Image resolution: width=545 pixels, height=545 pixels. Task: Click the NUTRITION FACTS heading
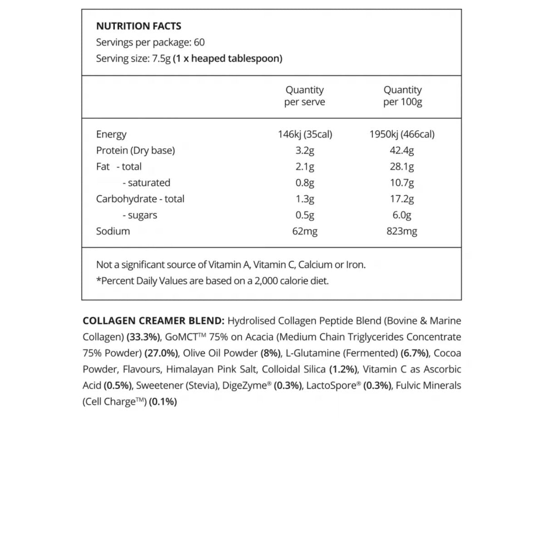pyautogui.click(x=139, y=26)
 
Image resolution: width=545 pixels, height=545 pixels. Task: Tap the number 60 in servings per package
pyautogui.click(x=199, y=43)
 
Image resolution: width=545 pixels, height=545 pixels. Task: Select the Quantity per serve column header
pyautogui.click(x=305, y=96)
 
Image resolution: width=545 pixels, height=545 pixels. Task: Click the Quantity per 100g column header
pyautogui.click(x=402, y=96)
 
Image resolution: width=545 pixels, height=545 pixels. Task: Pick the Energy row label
pyautogui.click(x=111, y=134)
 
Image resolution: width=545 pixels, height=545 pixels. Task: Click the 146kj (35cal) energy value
pyautogui.click(x=305, y=134)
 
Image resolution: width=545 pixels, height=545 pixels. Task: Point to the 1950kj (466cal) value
pyautogui.click(x=402, y=134)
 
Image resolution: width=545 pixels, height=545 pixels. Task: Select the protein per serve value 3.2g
pyautogui.click(x=305, y=150)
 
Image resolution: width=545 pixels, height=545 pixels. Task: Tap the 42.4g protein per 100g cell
pyautogui.click(x=402, y=150)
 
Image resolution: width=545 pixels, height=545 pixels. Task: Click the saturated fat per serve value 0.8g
pyautogui.click(x=305, y=183)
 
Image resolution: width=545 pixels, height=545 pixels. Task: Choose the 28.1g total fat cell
pyautogui.click(x=402, y=167)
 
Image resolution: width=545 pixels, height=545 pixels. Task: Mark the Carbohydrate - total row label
pyautogui.click(x=140, y=199)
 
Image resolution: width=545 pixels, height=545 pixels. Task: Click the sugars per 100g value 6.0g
pyautogui.click(x=402, y=215)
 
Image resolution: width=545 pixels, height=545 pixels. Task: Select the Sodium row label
pyautogui.click(x=113, y=231)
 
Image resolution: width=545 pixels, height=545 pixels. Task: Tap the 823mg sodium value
pyautogui.click(x=402, y=231)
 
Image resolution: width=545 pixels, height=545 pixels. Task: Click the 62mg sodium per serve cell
pyautogui.click(x=305, y=231)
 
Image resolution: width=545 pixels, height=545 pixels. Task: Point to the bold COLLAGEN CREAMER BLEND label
pyautogui.click(x=154, y=321)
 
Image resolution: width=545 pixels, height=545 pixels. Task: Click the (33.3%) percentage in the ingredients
pyautogui.click(x=144, y=337)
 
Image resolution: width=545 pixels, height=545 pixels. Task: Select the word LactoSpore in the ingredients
pyautogui.click(x=332, y=386)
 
